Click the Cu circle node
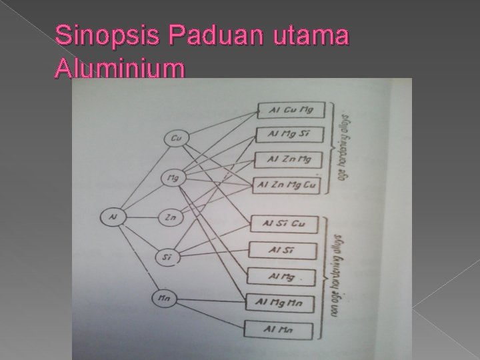coord(177,139)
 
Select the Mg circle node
coord(174,178)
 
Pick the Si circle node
coord(167,256)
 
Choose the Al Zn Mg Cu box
coord(287,183)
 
